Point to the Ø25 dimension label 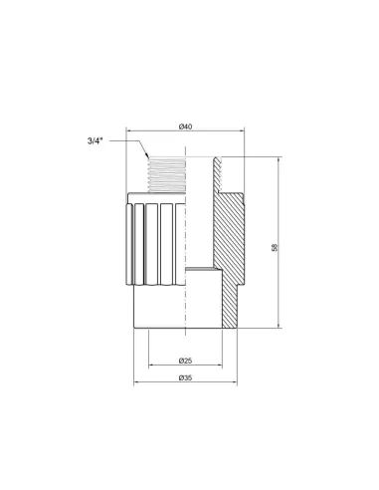(x=185, y=358)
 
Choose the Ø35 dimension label (x=185, y=377)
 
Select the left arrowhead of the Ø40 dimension (x=129, y=132)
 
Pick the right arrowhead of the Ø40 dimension (x=241, y=132)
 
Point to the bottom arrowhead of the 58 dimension (x=281, y=328)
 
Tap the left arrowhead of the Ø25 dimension (x=150, y=364)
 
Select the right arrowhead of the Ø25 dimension (x=220, y=364)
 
